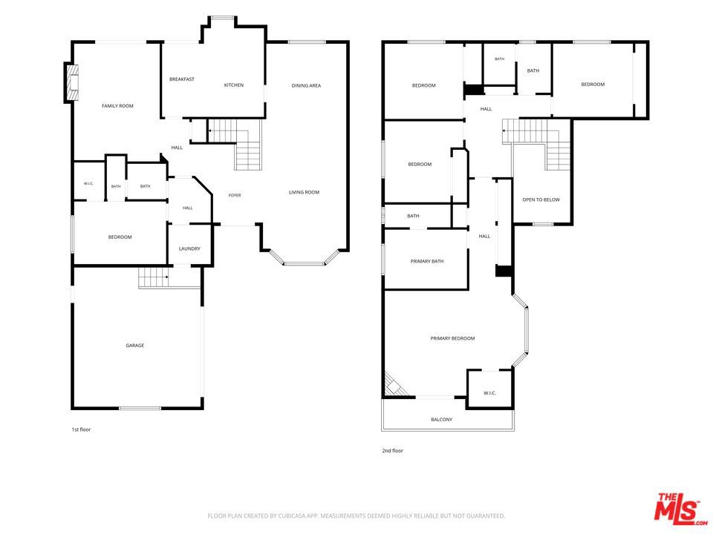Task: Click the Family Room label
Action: pos(117,106)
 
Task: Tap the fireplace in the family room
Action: pos(72,82)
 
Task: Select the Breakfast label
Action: pos(182,79)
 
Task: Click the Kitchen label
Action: pos(234,85)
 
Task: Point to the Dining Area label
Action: pos(306,85)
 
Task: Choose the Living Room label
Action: pos(305,192)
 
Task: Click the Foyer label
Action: pos(235,195)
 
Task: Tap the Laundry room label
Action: pos(189,249)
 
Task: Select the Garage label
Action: pos(135,346)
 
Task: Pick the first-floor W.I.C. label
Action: pos(88,183)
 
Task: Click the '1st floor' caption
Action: pos(81,429)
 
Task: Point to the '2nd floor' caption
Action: pos(392,451)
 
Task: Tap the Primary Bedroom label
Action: pos(452,338)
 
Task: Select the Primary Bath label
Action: pos(427,261)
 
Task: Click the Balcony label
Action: pos(441,420)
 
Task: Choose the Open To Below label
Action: pos(541,200)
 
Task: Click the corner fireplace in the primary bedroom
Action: pos(394,386)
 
